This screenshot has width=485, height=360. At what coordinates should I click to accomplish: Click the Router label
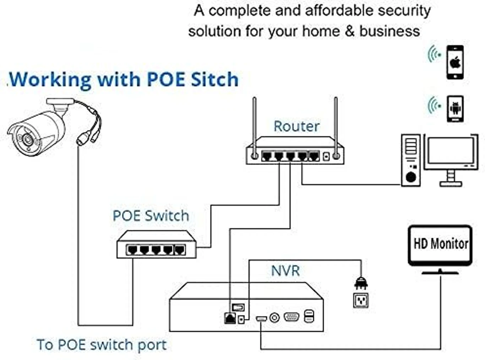tap(296, 126)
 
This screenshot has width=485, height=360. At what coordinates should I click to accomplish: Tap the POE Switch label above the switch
tap(151, 216)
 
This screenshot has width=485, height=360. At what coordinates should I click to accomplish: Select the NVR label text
tap(285, 271)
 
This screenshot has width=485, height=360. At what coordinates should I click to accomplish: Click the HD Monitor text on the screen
tap(441, 244)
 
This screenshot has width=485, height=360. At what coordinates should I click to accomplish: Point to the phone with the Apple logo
tap(455, 63)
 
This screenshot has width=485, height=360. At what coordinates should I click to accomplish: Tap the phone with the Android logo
tap(455, 109)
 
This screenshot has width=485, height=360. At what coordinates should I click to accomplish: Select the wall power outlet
tap(361, 301)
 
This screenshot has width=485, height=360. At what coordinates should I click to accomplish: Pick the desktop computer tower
tap(411, 160)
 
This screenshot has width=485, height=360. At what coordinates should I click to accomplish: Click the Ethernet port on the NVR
tap(230, 318)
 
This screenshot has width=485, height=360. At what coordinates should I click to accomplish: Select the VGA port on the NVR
tap(291, 317)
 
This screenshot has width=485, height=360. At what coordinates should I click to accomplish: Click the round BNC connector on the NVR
tap(275, 318)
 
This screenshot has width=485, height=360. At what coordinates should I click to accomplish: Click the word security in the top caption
tap(404, 11)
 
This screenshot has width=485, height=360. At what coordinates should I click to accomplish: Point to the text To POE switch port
tap(102, 345)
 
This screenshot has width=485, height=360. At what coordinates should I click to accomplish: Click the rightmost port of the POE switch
tap(180, 250)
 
